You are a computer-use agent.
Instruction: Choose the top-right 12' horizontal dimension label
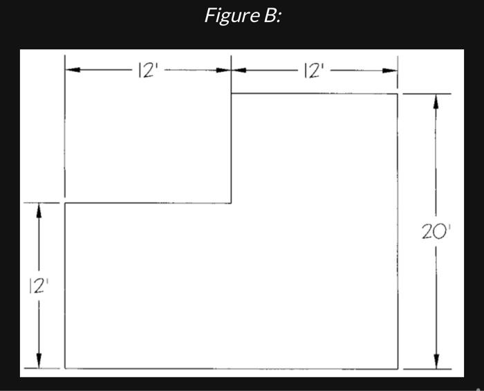[x=315, y=71]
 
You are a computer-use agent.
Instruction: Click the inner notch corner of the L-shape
[x=231, y=203]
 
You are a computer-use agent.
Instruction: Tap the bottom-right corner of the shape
[x=398, y=368]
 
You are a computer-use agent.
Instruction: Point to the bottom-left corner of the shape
[x=66, y=368]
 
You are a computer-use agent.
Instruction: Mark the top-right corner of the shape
[x=398, y=93]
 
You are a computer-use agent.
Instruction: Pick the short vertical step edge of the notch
[x=231, y=148]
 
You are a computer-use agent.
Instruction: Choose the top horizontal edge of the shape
[x=315, y=93]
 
